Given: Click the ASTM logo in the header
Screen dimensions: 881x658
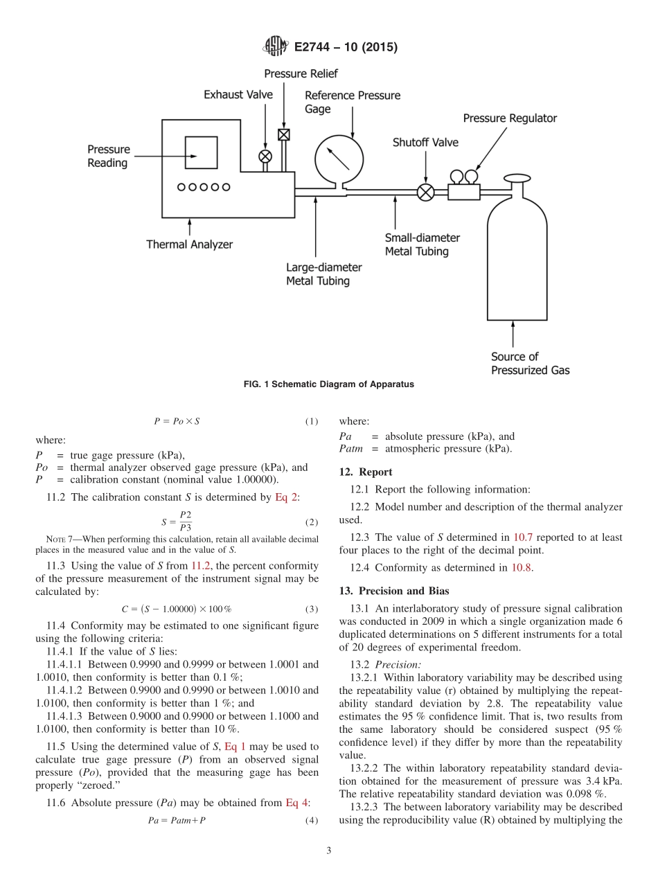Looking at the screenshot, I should (x=276, y=47).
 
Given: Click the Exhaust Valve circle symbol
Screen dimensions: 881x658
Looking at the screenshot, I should (x=265, y=156).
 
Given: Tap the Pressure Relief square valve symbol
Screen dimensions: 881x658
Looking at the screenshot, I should (x=283, y=134).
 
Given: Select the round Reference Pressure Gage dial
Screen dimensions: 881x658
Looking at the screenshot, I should (x=339, y=159).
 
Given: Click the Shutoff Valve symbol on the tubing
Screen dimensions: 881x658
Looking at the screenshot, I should (x=426, y=192).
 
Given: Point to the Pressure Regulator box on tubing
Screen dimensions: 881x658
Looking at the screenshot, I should (x=464, y=190).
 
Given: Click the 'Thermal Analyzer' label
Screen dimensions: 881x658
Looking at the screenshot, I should (x=189, y=244).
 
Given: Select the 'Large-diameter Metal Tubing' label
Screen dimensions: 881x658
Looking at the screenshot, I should (x=323, y=274).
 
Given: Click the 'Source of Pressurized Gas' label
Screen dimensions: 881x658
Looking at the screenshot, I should (x=530, y=364).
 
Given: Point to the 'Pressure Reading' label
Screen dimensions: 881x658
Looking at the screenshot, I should (x=108, y=157).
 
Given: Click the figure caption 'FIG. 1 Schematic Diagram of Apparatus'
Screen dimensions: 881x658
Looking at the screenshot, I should (x=329, y=384).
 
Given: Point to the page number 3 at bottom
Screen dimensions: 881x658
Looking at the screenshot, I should (x=329, y=851).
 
